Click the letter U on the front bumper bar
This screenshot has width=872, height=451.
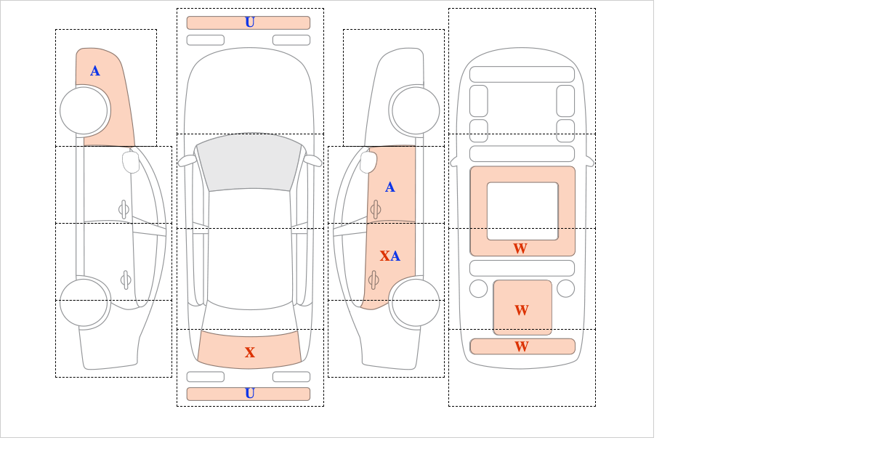tap(250, 23)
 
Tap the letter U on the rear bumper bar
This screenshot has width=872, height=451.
tap(250, 394)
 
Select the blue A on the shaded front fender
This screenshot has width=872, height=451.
tap(95, 71)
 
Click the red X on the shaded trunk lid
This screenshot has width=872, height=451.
tap(250, 352)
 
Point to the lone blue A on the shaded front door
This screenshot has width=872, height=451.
tap(390, 187)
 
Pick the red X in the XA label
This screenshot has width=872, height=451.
tap(384, 256)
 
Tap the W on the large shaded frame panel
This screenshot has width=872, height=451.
tap(520, 248)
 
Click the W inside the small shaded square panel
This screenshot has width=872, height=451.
tap(522, 310)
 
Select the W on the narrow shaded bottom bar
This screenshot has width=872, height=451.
tap(522, 346)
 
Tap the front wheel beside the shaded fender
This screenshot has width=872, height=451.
tap(84, 110)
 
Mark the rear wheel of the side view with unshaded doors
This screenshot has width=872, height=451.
tap(84, 302)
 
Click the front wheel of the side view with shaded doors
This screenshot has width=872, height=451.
tap(416, 110)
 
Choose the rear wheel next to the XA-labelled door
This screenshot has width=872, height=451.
tap(416, 302)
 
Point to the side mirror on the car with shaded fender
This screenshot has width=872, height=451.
tap(131, 162)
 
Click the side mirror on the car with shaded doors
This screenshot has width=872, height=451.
tap(368, 162)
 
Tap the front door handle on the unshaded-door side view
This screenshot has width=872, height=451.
tap(124, 209)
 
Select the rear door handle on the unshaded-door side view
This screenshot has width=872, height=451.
tap(126, 280)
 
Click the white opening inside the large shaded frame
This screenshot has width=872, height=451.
tap(522, 211)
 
